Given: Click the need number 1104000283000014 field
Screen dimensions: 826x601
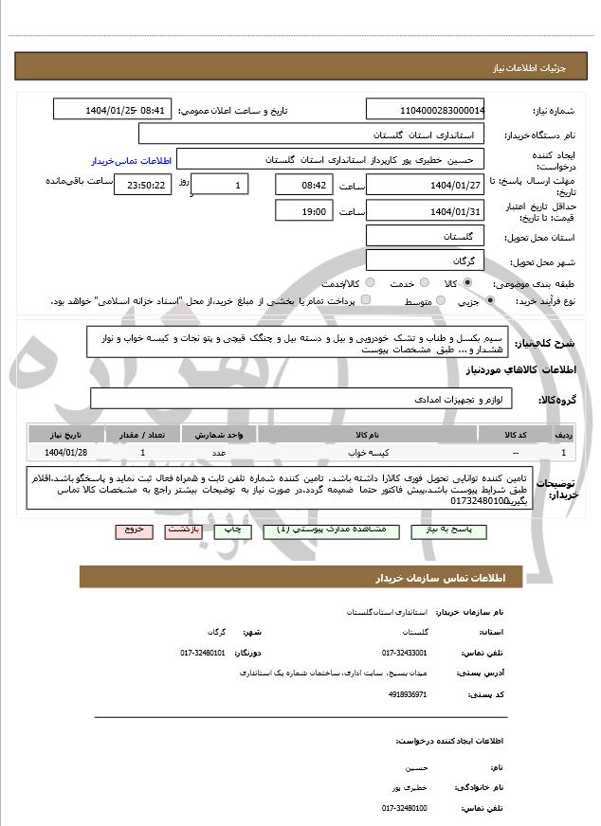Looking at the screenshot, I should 426,110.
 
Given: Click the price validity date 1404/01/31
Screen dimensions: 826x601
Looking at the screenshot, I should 426,210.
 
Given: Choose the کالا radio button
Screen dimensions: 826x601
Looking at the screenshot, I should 467,283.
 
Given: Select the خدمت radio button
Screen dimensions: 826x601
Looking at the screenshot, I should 423,283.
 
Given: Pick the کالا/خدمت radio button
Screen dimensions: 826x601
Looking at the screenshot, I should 370,283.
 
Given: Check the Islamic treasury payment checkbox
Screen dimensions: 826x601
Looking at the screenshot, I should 366,300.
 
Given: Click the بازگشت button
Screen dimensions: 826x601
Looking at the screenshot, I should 184,531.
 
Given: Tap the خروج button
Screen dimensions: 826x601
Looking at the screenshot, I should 134,531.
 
